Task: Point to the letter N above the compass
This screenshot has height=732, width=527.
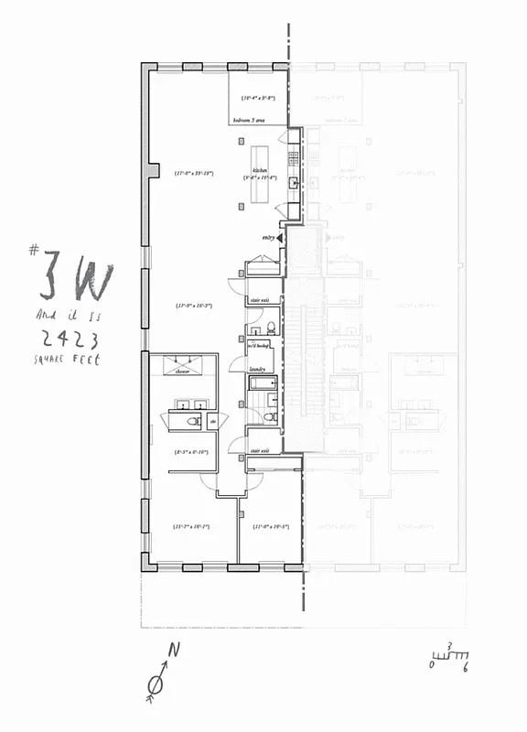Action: pyautogui.click(x=170, y=651)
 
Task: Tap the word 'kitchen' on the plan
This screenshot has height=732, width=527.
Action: pyautogui.click(x=259, y=170)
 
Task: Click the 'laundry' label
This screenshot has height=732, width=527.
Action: pyautogui.click(x=257, y=369)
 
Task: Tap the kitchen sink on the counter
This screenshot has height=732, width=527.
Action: pyautogui.click(x=294, y=183)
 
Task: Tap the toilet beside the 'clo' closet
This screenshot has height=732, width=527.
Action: pyautogui.click(x=192, y=421)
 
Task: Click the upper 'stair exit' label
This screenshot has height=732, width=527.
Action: pyautogui.click(x=259, y=299)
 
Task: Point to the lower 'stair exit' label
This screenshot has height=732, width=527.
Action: pyautogui.click(x=259, y=450)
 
